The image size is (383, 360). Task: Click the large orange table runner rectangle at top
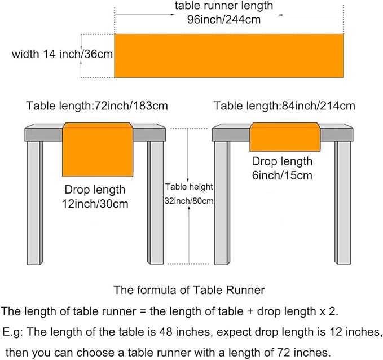coord(229,56)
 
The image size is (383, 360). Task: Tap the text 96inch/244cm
coord(224,20)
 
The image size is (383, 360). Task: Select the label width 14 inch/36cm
coord(62,54)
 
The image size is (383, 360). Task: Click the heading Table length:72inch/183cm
coord(97,106)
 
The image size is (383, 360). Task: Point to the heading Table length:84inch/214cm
coord(284,106)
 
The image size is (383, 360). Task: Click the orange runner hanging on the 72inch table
coord(98,150)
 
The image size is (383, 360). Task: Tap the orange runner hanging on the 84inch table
coord(285,137)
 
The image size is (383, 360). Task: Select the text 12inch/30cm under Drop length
coord(95,204)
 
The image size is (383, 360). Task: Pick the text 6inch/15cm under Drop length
coord(282,175)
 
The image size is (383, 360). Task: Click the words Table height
coord(189,187)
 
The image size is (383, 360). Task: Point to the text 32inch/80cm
coord(189,201)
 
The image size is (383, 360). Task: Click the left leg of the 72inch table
coord(34,203)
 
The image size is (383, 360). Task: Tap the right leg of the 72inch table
coord(156,203)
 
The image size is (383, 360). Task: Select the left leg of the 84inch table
coord(222,203)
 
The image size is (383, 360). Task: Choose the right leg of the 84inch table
coord(343,203)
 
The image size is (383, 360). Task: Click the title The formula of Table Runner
coord(189,290)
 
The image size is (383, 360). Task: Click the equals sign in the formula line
coord(143,311)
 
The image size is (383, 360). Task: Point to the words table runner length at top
coord(224,6)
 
